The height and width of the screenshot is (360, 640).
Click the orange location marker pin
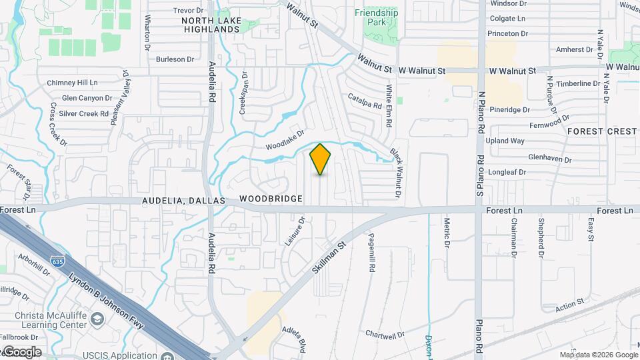[x=321, y=159]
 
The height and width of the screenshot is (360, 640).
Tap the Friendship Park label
[x=376, y=17]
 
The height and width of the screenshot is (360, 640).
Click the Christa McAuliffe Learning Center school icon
[x=97, y=319]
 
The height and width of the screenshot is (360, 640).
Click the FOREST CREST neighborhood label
[x=602, y=131]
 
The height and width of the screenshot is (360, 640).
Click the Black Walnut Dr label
[x=397, y=173]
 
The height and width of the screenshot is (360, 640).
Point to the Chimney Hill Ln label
[x=72, y=83]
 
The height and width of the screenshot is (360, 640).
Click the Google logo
[x=21, y=352]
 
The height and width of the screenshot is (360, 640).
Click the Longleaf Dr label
[x=508, y=172]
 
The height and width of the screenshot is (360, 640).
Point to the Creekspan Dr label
[x=244, y=93]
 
